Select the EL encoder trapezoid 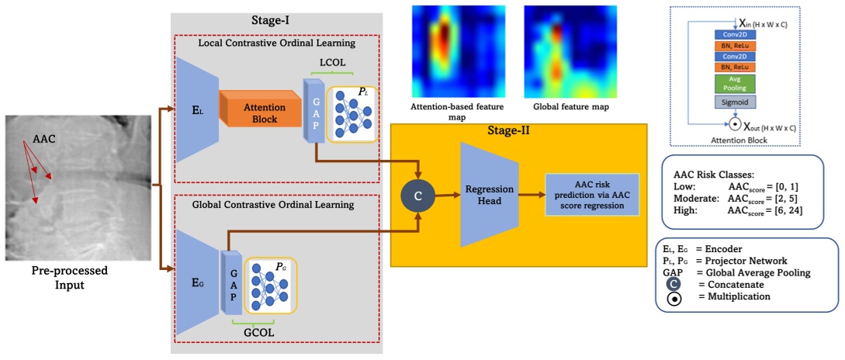point(199,109)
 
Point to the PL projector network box point(352,114)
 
